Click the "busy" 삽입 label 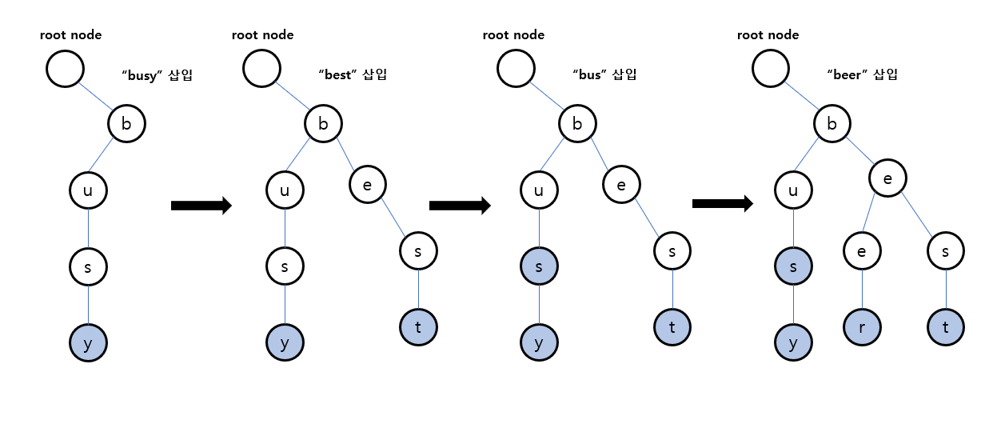[x=158, y=75]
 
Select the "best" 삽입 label [x=352, y=74]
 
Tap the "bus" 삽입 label [x=604, y=74]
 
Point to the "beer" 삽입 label [x=862, y=74]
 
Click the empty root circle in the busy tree [x=65, y=69]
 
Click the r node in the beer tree [x=862, y=326]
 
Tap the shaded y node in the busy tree [x=88, y=344]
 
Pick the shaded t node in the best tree [x=418, y=326]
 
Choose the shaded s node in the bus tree [x=539, y=267]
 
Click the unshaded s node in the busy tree [x=88, y=267]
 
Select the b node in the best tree [x=323, y=123]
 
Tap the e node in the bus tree [x=621, y=184]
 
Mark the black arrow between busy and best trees [x=201, y=206]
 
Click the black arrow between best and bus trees [x=459, y=206]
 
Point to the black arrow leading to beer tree [x=722, y=204]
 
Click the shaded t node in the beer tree [x=947, y=326]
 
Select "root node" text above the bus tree [x=513, y=35]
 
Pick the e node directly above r [x=862, y=251]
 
